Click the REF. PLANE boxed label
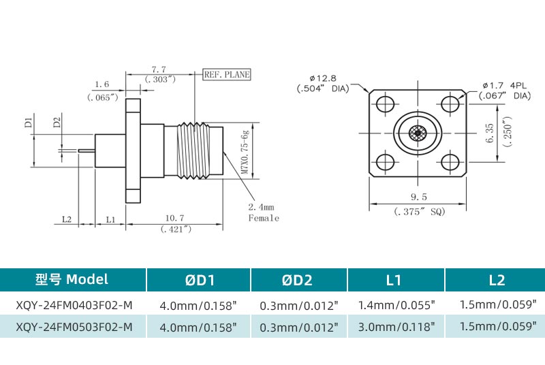(x=228, y=75)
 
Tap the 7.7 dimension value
(x=159, y=69)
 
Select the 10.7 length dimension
(x=175, y=218)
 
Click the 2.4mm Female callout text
(x=263, y=212)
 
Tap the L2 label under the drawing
(x=67, y=219)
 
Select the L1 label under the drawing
(x=111, y=219)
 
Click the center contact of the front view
(x=418, y=133)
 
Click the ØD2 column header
(x=299, y=279)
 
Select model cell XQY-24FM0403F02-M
(x=73, y=304)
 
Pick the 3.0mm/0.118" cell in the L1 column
(x=396, y=326)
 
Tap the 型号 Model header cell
(x=73, y=279)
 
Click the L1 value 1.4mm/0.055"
(x=396, y=304)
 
